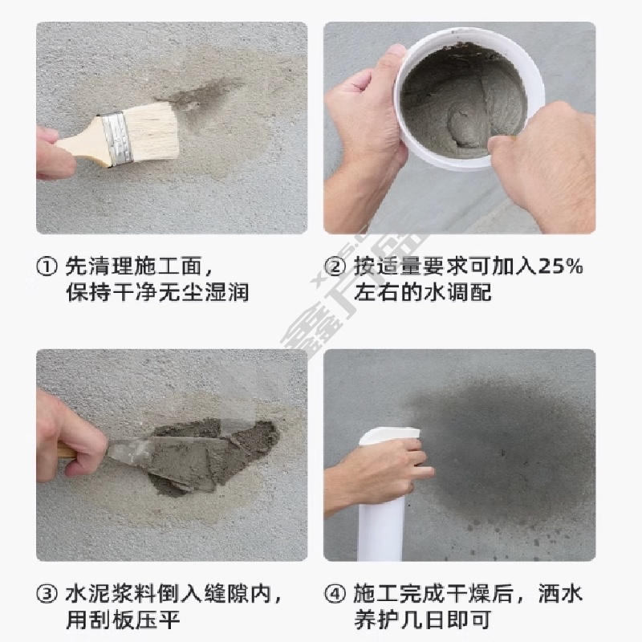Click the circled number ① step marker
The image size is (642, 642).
click(47, 266)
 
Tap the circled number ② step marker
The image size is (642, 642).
click(335, 266)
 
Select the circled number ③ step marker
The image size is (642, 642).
click(47, 594)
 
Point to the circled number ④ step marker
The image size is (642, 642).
click(335, 594)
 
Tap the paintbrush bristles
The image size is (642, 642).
click(153, 131)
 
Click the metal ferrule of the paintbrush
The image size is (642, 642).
click(117, 137)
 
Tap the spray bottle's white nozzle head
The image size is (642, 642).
click(389, 435)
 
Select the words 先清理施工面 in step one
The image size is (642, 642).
click(134, 266)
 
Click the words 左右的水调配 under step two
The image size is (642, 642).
click(423, 293)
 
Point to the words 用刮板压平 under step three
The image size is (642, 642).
click(123, 620)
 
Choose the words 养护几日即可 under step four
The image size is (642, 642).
click(423, 620)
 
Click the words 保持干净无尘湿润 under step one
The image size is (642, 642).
click(157, 293)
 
